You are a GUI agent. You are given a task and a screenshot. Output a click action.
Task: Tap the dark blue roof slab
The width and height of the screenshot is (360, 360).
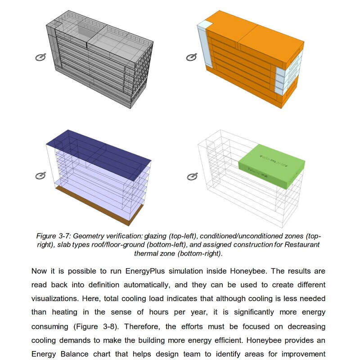pos(99,148)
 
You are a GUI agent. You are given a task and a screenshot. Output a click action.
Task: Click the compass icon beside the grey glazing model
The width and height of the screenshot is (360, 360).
pos(41,57)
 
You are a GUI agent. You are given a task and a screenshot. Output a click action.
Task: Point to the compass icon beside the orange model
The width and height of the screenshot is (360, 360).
pos(191,57)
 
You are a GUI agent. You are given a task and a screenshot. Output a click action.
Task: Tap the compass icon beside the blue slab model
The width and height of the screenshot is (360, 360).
pos(41,176)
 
